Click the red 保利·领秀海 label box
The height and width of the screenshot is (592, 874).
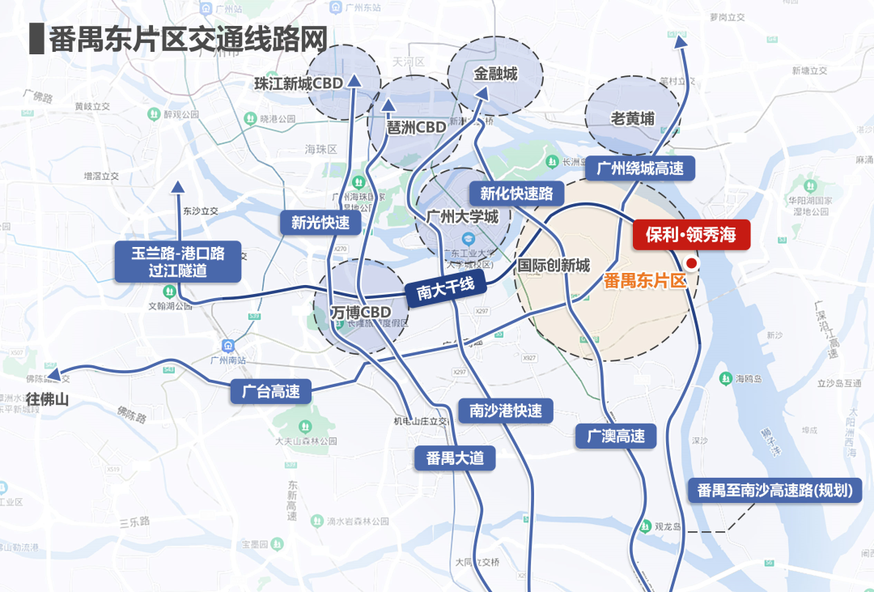click(690, 235)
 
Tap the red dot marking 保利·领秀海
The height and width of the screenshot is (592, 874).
click(691, 263)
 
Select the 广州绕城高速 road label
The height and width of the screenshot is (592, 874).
click(640, 168)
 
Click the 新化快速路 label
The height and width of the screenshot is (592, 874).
click(516, 194)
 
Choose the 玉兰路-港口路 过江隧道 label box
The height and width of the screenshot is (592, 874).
click(178, 262)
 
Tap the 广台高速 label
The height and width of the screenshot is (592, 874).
click(271, 392)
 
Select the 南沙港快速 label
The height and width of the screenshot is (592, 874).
click(506, 411)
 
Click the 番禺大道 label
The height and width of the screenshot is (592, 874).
click(455, 458)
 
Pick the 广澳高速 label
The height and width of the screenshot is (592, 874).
click(616, 437)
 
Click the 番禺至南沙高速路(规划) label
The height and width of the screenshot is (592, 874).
click(774, 490)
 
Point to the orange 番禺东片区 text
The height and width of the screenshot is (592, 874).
click(645, 281)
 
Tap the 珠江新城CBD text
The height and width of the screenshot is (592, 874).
click(299, 83)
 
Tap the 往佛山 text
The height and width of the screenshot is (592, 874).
click(49, 399)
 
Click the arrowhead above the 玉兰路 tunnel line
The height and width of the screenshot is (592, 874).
click(178, 188)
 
